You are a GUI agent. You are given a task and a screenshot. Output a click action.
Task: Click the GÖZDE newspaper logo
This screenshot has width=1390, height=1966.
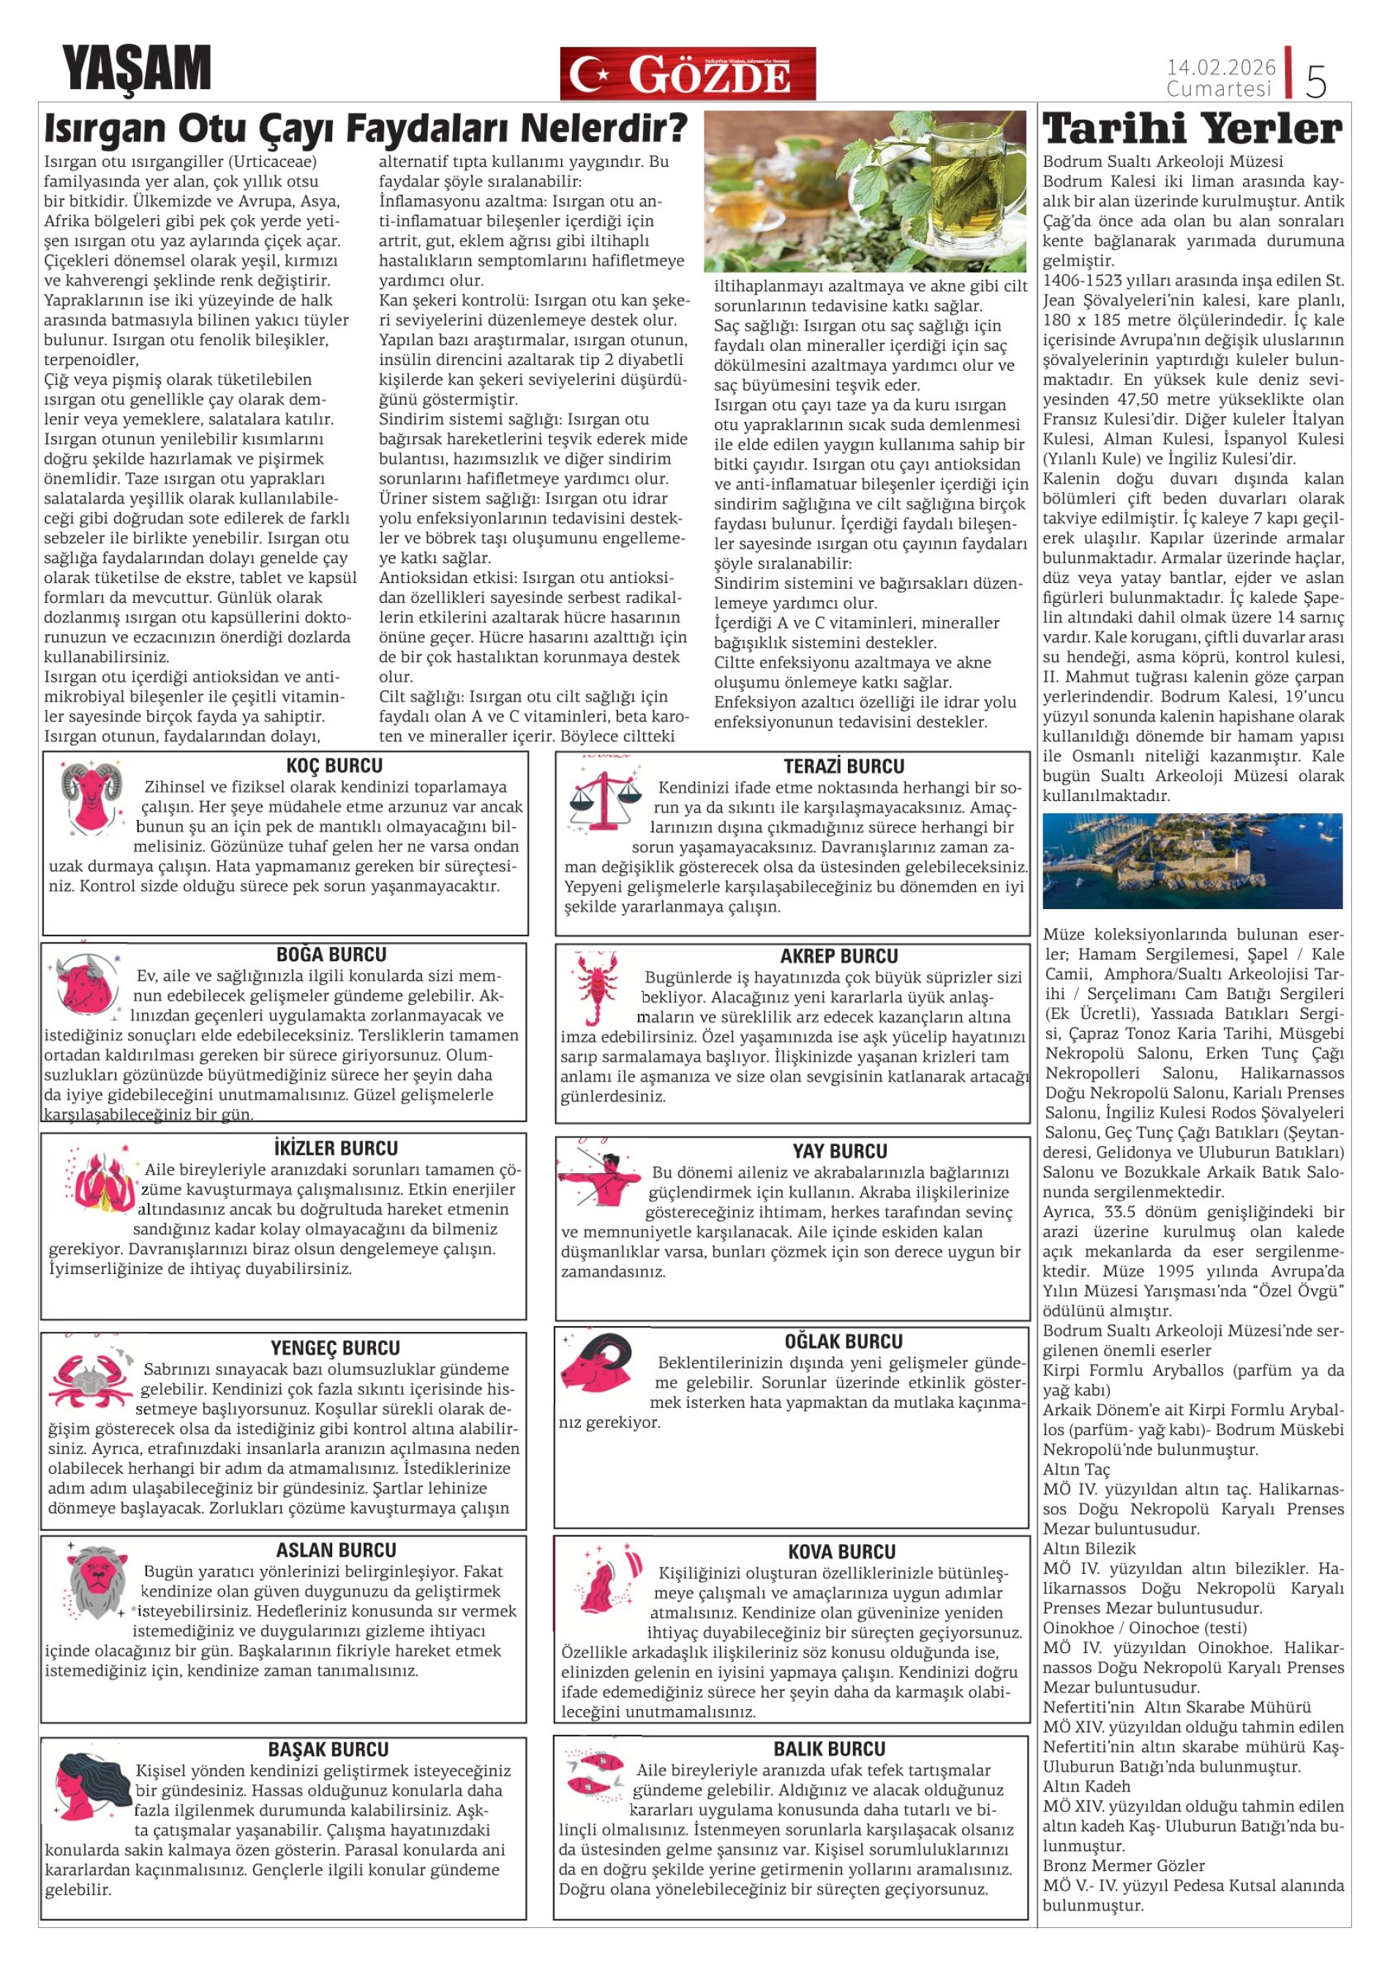[x=687, y=74]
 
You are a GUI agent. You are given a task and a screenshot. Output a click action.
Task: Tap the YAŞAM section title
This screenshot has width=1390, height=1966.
[x=136, y=69]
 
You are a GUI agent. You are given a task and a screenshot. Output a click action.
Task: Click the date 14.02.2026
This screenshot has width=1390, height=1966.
[x=1220, y=67]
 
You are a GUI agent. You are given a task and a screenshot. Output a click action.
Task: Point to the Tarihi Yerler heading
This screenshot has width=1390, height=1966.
[x=1193, y=130]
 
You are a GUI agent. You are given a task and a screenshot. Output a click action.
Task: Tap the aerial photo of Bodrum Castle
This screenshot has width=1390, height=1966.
[x=1192, y=861]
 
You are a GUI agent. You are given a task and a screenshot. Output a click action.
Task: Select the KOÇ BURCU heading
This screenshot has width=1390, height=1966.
[x=334, y=766]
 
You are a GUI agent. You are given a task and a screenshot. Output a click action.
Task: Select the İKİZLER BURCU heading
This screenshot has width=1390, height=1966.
[x=336, y=1148]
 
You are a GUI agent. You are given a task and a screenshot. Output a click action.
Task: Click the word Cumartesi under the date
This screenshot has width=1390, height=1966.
[x=1219, y=89]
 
